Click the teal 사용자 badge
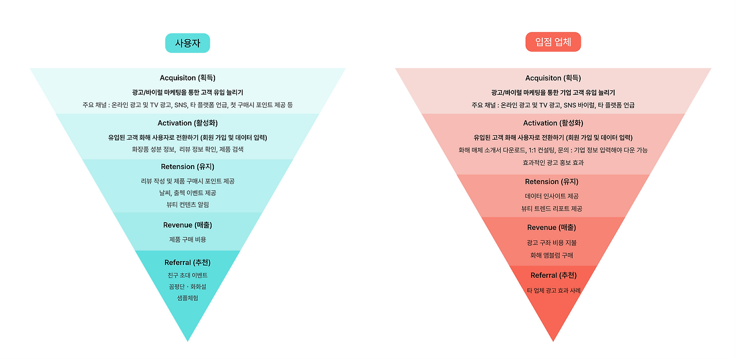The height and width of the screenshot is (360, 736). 187,43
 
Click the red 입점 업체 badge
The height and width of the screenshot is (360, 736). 553,42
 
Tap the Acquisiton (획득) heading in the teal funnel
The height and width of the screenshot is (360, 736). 187,78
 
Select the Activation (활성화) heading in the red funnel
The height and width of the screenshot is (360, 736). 553,123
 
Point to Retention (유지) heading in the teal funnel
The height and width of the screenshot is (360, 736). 187,167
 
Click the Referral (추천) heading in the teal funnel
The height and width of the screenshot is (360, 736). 187,263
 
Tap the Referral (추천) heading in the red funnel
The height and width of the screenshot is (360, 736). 553,275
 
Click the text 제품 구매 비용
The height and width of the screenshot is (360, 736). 187,239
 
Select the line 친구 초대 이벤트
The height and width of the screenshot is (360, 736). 187,275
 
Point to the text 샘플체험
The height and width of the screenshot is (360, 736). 187,298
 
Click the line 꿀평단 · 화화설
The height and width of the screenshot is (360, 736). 187,286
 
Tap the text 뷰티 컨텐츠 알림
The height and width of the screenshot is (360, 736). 187,205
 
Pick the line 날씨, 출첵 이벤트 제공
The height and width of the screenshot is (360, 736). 187,193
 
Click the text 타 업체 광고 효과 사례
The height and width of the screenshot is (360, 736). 553,290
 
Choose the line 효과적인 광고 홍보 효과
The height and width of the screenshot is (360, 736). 553,163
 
